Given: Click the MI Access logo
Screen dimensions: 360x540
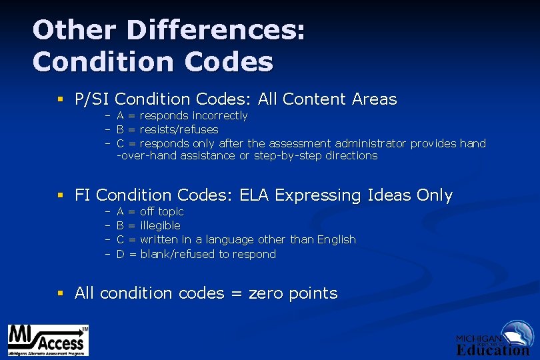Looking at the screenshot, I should pyautogui.click(x=47, y=340).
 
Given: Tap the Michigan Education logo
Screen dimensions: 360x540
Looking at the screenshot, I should pyautogui.click(x=493, y=339).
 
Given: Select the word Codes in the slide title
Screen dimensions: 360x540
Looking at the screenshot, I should pyautogui.click(x=230, y=62).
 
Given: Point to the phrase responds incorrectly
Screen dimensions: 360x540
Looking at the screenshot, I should pyautogui.click(x=193, y=116).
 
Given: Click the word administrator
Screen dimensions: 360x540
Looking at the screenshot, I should pyautogui.click(x=371, y=143).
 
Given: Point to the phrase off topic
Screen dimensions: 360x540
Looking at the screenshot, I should pyautogui.click(x=162, y=212).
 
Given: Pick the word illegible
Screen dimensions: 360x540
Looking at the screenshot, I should pyautogui.click(x=160, y=226).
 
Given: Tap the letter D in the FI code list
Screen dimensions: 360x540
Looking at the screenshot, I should pyautogui.click(x=121, y=254).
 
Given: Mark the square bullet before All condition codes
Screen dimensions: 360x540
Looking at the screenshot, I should pyautogui.click(x=60, y=293).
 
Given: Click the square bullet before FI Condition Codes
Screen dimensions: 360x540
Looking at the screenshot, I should pyautogui.click(x=60, y=196).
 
